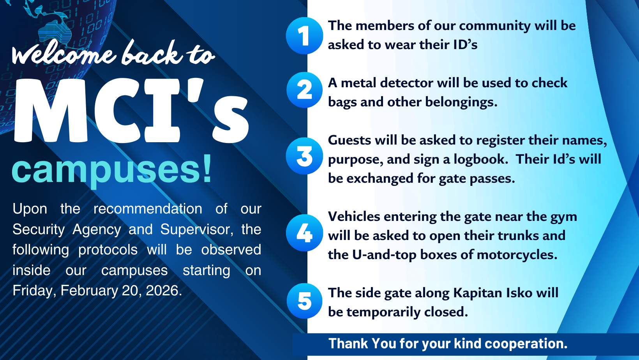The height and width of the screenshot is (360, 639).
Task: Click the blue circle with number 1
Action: click(x=304, y=36)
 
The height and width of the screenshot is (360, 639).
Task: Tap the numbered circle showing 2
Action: click(x=304, y=90)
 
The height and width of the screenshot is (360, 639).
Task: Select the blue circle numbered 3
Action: click(x=304, y=156)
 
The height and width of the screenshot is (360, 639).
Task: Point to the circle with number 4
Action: click(x=304, y=233)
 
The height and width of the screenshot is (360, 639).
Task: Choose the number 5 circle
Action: click(x=304, y=301)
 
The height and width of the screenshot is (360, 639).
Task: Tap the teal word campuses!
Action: click(x=111, y=170)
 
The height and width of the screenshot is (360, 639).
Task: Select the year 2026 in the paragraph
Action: click(x=164, y=291)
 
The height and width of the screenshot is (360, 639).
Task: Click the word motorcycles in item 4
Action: click(x=517, y=255)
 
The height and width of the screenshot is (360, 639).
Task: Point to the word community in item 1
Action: click(x=495, y=26)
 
